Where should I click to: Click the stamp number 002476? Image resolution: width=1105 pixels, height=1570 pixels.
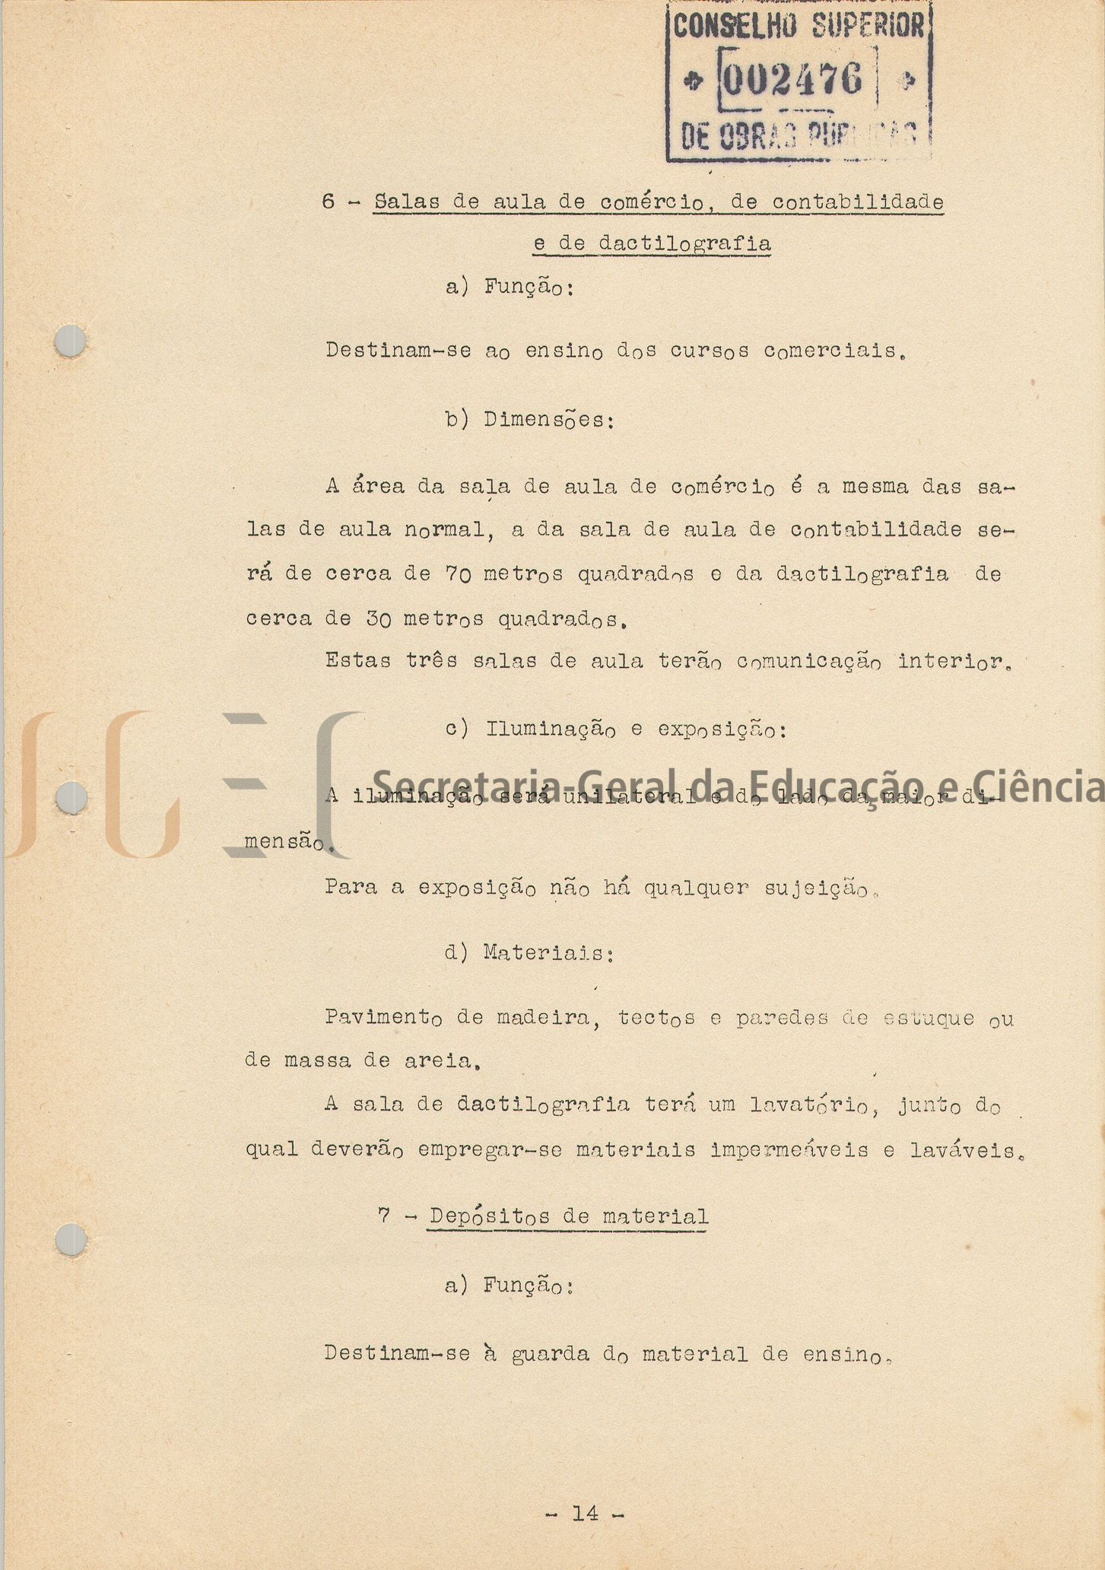[x=793, y=79]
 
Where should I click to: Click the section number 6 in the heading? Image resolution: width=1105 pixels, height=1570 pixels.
[x=329, y=202]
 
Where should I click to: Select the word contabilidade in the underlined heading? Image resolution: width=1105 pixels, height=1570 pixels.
[x=858, y=202]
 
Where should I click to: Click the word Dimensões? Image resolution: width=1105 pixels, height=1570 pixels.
[x=548, y=420]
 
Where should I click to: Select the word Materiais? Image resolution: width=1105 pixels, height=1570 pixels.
[x=548, y=953]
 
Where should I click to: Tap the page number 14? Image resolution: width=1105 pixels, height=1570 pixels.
[x=585, y=1513]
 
